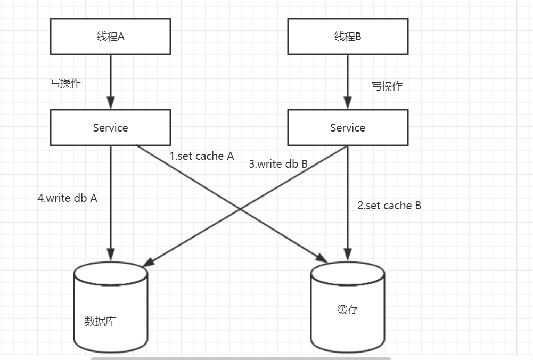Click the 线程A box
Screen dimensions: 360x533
tap(110, 36)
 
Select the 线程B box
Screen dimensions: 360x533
tap(348, 36)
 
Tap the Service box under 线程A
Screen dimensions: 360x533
tap(110, 127)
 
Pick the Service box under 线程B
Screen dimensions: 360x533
tap(348, 127)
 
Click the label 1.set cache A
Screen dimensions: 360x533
tap(202, 156)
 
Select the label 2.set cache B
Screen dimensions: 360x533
tap(389, 206)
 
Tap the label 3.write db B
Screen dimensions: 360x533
tap(278, 164)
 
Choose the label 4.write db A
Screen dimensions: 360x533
tap(68, 198)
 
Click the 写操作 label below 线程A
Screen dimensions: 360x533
tap(65, 83)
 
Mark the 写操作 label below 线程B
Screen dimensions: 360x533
tap(387, 86)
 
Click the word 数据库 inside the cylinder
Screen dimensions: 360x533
tap(100, 321)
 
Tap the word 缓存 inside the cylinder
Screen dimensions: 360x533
tap(348, 309)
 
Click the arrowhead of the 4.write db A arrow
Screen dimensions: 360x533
tap(111, 254)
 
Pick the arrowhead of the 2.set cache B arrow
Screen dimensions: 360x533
tap(348, 254)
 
